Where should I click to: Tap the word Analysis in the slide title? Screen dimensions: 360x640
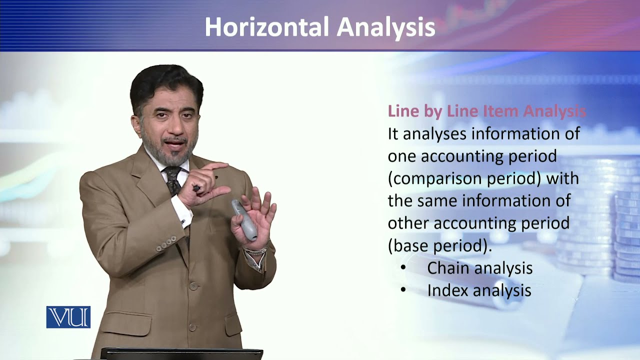click(385, 27)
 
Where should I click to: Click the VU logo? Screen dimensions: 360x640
click(68, 317)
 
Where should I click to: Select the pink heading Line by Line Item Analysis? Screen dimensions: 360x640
click(486, 111)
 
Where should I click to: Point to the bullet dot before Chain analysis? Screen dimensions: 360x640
click(403, 268)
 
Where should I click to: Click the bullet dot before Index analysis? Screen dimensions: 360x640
click(403, 290)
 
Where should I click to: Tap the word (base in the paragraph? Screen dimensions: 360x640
click(407, 245)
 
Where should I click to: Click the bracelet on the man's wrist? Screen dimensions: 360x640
click(255, 251)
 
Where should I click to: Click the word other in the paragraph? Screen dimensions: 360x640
click(408, 223)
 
